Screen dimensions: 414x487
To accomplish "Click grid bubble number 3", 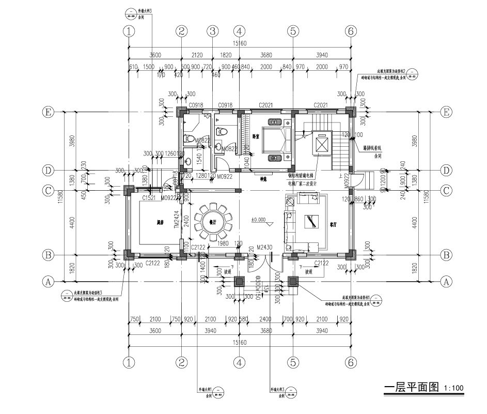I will [x=212, y=31].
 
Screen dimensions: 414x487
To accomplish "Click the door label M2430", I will [x=265, y=248].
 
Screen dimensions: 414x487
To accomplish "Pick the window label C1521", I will [x=149, y=197].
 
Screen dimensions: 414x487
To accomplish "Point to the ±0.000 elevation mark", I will [x=258, y=220].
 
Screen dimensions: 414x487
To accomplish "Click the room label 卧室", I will [x=255, y=136].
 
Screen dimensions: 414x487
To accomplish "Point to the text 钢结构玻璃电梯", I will [x=303, y=176].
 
